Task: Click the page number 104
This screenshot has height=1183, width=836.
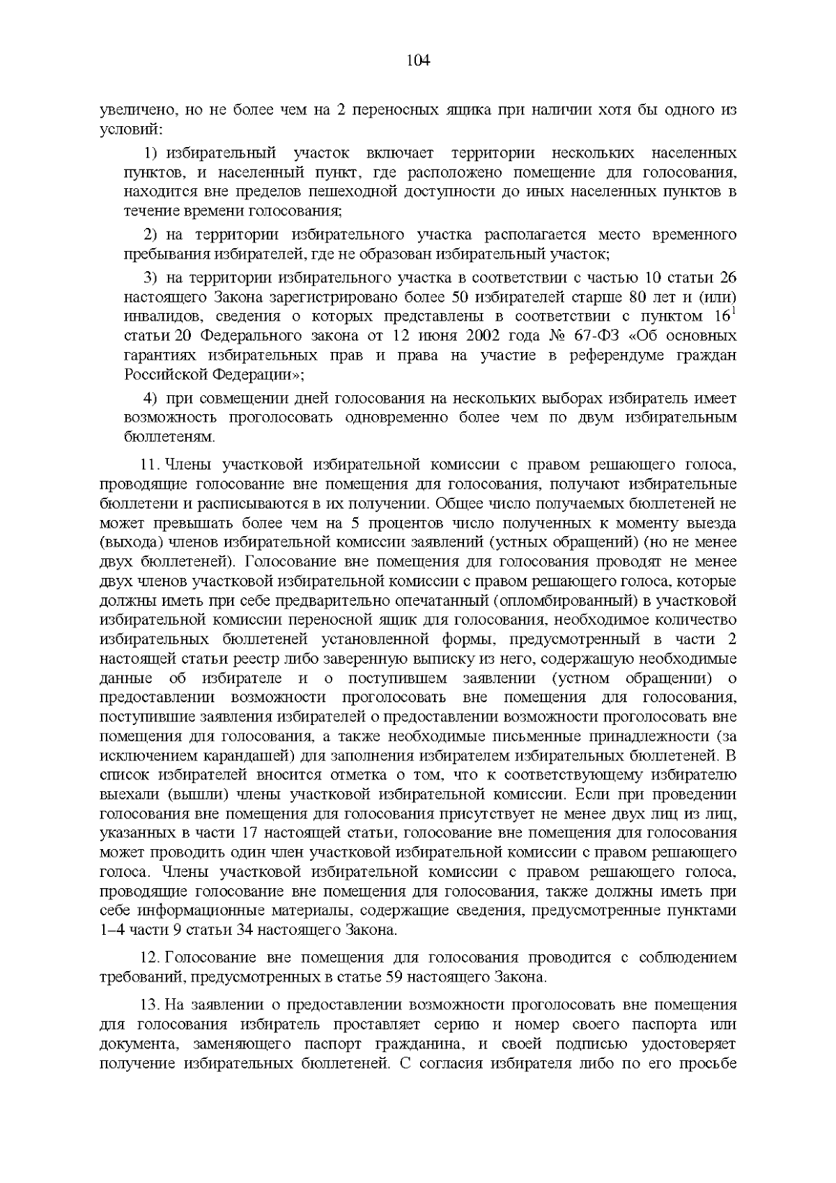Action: [418, 61]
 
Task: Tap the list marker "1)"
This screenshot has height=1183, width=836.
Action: [151, 153]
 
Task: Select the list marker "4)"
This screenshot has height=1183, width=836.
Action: [150, 399]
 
